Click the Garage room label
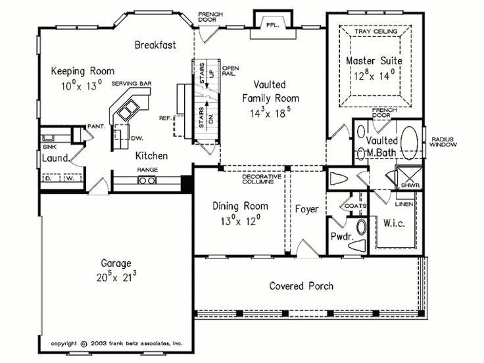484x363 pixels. click(116, 263)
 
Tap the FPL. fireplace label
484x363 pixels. click(272, 25)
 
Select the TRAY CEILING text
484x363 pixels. click(375, 31)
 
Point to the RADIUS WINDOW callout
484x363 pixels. click(443, 142)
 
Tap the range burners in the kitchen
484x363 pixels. click(147, 180)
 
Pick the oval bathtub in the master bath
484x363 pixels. click(409, 143)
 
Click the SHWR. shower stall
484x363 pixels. click(409, 178)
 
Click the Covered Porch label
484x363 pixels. click(301, 286)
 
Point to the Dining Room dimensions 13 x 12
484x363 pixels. click(240, 220)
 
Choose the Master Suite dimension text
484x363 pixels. click(374, 75)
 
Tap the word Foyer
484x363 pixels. click(306, 209)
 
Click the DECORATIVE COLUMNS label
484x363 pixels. click(262, 179)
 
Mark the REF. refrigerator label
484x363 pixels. click(165, 118)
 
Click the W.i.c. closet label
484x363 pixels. click(394, 223)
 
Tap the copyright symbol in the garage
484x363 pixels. click(84, 343)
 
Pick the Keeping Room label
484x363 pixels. click(82, 71)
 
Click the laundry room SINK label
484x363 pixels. click(49, 147)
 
